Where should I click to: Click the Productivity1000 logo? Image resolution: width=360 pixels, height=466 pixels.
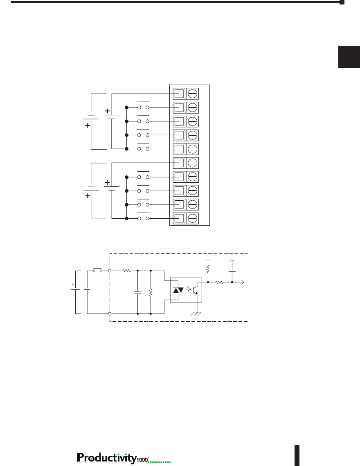pyautogui.click(x=124, y=458)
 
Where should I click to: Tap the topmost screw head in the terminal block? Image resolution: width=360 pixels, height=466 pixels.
pyautogui.click(x=193, y=94)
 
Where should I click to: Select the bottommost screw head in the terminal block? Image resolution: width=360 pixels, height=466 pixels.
pyautogui.click(x=193, y=218)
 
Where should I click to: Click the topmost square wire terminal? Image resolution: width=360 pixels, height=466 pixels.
pyautogui.click(x=179, y=94)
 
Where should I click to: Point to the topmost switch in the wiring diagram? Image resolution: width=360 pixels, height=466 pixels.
pyautogui.click(x=143, y=105)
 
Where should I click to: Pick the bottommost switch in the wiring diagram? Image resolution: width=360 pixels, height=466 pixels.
pyautogui.click(x=143, y=217)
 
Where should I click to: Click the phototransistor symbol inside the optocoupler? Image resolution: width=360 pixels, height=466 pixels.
pyautogui.click(x=195, y=290)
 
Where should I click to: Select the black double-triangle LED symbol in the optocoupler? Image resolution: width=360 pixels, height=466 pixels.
pyautogui.click(x=178, y=290)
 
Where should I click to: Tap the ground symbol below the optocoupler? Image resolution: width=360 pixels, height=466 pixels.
pyautogui.click(x=196, y=314)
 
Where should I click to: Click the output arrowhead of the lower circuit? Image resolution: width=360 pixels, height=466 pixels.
pyautogui.click(x=243, y=282)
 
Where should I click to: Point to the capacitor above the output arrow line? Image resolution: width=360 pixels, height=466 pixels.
pyautogui.click(x=232, y=271)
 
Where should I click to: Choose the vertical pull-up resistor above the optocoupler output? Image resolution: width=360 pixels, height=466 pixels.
pyautogui.click(x=208, y=269)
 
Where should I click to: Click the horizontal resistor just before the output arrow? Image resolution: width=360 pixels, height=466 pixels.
pyautogui.click(x=219, y=282)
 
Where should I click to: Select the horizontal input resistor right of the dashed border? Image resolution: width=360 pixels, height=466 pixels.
pyautogui.click(x=127, y=271)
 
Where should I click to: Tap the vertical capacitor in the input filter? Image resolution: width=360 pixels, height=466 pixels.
pyautogui.click(x=137, y=292)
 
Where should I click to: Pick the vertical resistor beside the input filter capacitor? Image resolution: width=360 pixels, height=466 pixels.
pyautogui.click(x=151, y=292)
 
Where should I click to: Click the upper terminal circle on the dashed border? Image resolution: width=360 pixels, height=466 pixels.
pyautogui.click(x=110, y=271)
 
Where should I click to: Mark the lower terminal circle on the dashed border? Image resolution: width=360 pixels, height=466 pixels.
pyautogui.click(x=110, y=314)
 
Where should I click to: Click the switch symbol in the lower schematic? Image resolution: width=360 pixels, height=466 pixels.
pyautogui.click(x=97, y=270)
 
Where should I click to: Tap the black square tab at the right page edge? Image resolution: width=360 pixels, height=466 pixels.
pyautogui.click(x=349, y=57)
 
